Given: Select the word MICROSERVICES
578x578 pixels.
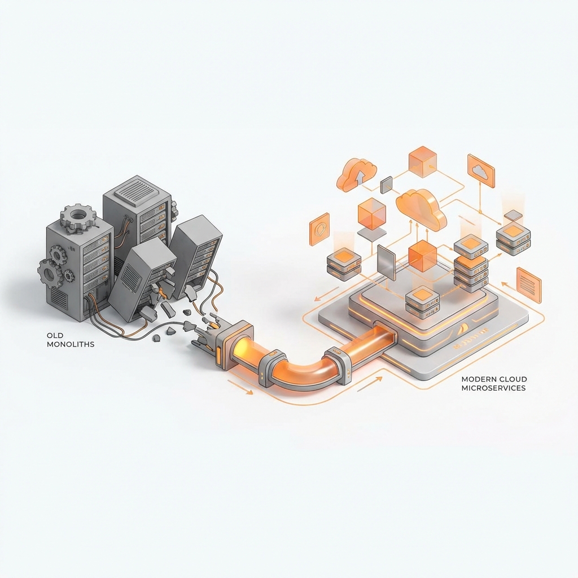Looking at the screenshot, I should tap(493, 388).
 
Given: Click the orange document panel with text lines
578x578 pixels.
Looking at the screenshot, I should tap(528, 284).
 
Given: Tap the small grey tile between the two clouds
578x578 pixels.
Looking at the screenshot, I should tap(387, 184).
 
